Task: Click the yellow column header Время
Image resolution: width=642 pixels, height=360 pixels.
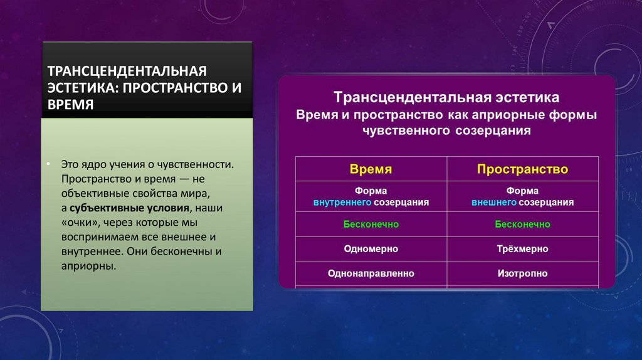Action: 371,169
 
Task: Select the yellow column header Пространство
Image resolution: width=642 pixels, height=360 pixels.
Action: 522,169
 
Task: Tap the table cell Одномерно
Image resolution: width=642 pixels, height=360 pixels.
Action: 371,249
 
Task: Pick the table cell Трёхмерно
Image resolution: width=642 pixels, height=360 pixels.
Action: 522,249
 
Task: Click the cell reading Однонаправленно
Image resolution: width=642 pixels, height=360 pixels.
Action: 371,273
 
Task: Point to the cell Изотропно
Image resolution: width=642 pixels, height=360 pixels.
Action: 522,273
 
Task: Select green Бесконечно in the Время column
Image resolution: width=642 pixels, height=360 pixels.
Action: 371,224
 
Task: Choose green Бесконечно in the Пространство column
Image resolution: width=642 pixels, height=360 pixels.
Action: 522,224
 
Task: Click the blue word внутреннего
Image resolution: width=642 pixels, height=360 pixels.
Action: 343,203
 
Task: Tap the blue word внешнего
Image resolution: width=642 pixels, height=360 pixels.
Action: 494,203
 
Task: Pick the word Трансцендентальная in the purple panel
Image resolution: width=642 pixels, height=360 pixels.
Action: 403,98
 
